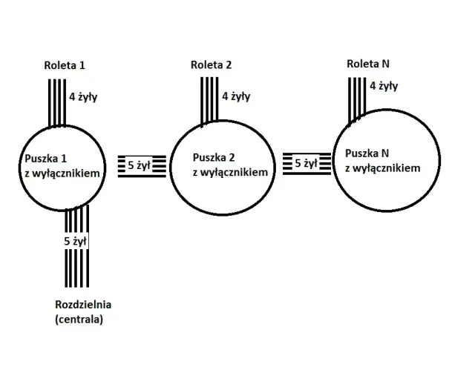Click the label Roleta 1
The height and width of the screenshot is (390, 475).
[x=65, y=65]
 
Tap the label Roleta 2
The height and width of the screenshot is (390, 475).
[x=212, y=65]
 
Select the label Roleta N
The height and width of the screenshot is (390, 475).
[x=367, y=63]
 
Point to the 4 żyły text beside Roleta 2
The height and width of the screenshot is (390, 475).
[x=236, y=96]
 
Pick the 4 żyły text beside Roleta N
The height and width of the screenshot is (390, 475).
[x=384, y=85]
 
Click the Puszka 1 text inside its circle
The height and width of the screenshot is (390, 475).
[x=46, y=159]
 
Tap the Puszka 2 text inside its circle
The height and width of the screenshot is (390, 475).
[x=214, y=157]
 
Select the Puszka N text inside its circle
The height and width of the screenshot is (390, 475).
[x=367, y=153]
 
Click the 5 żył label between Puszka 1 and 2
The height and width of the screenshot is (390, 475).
[x=139, y=165]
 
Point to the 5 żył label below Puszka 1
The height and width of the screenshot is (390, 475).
[x=76, y=241]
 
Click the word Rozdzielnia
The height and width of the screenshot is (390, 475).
[x=88, y=305]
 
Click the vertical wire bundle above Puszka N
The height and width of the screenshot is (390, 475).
[x=358, y=96]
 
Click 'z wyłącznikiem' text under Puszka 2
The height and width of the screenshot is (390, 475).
[x=230, y=171]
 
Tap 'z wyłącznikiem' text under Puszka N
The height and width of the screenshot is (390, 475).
[x=383, y=168]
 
